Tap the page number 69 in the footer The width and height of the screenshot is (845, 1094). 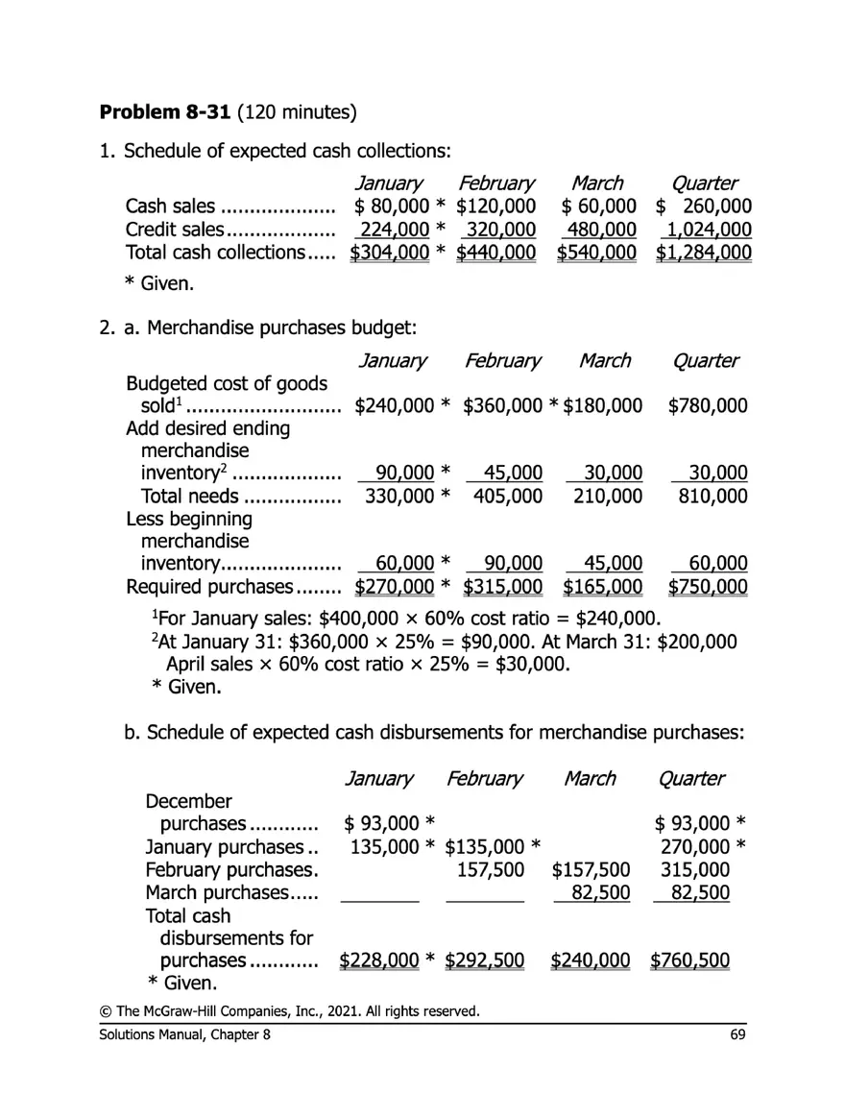coord(738,1033)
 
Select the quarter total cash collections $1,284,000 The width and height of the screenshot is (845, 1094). coord(703,253)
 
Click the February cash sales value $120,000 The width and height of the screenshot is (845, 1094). coord(495,207)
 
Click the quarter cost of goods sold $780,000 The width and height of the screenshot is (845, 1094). coord(707,406)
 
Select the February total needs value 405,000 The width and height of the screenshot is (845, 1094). coord(507,497)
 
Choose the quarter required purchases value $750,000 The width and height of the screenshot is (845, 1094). coord(707,587)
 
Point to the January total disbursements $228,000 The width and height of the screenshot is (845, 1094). coord(380,960)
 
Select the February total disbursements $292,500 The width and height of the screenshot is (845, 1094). coord(484,960)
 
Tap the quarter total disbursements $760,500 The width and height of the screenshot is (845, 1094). coord(689,960)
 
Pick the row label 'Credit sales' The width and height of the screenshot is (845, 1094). coord(174,230)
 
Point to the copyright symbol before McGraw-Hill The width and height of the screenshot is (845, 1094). coord(105,1011)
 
